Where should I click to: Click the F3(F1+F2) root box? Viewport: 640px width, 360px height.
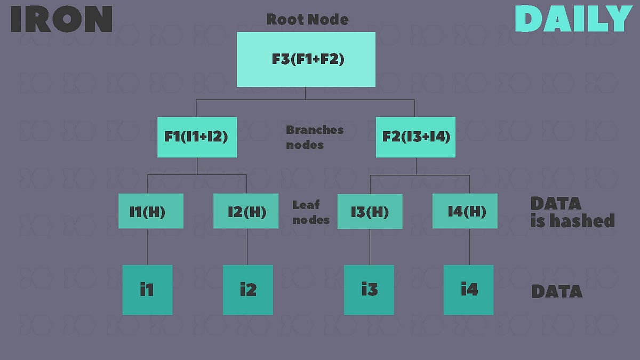[x=306, y=59]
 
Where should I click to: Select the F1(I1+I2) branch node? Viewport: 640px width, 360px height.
[x=197, y=137]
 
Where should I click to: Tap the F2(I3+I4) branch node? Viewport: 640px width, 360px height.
[x=415, y=137]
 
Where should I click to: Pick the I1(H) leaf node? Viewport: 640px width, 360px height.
[x=151, y=211]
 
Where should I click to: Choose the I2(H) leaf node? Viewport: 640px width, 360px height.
[x=246, y=211]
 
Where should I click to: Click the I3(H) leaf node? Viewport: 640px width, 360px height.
[x=370, y=211]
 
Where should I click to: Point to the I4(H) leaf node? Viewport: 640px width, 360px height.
[x=465, y=211]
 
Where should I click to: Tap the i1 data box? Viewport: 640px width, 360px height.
[x=147, y=290]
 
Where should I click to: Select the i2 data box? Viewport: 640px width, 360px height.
[x=247, y=290]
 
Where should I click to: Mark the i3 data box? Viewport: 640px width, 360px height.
[x=369, y=290]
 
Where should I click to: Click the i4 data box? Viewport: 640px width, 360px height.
[x=468, y=290]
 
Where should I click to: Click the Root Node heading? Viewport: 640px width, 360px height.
[x=307, y=20]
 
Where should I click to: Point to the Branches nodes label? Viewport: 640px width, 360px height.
[x=314, y=137]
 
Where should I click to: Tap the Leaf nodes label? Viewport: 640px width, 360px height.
[x=310, y=212]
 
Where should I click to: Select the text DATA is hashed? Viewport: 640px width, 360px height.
[x=572, y=212]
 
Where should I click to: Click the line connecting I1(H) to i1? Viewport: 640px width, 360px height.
[x=147, y=246]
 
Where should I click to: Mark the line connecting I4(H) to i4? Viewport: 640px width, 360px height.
[x=469, y=246]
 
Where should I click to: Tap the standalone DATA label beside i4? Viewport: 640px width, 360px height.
[x=556, y=291]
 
